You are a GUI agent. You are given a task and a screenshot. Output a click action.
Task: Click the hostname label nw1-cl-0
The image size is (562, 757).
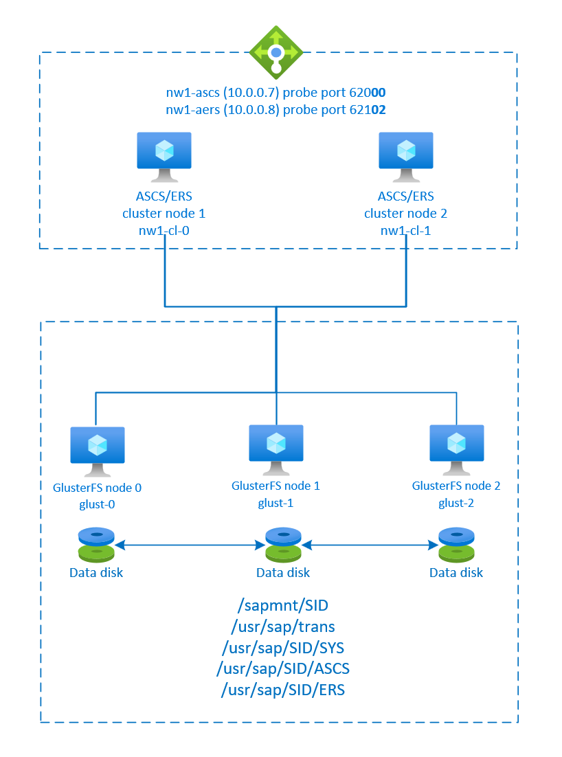[164, 231]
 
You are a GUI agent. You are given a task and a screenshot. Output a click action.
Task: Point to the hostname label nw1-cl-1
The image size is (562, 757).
[405, 231]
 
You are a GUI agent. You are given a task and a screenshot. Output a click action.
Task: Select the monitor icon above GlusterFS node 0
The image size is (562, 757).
[98, 449]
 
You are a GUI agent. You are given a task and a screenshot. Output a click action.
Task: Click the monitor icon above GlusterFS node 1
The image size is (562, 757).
[276, 448]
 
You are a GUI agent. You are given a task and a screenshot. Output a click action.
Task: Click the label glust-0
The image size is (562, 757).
[98, 504]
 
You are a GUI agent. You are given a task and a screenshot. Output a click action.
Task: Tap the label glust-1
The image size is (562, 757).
[276, 502]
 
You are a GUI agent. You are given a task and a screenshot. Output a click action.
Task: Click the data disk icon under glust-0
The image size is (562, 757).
[96, 545]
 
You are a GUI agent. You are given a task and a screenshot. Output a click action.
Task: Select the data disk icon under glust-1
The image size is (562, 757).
[282, 545]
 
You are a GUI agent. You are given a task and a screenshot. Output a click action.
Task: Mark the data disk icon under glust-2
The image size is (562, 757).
[456, 545]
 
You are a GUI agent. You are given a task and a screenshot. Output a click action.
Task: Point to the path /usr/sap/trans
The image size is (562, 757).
[282, 626]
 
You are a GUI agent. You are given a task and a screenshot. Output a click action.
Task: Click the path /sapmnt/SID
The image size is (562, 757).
[282, 605]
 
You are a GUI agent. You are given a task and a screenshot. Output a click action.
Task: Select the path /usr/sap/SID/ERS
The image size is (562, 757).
[282, 689]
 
